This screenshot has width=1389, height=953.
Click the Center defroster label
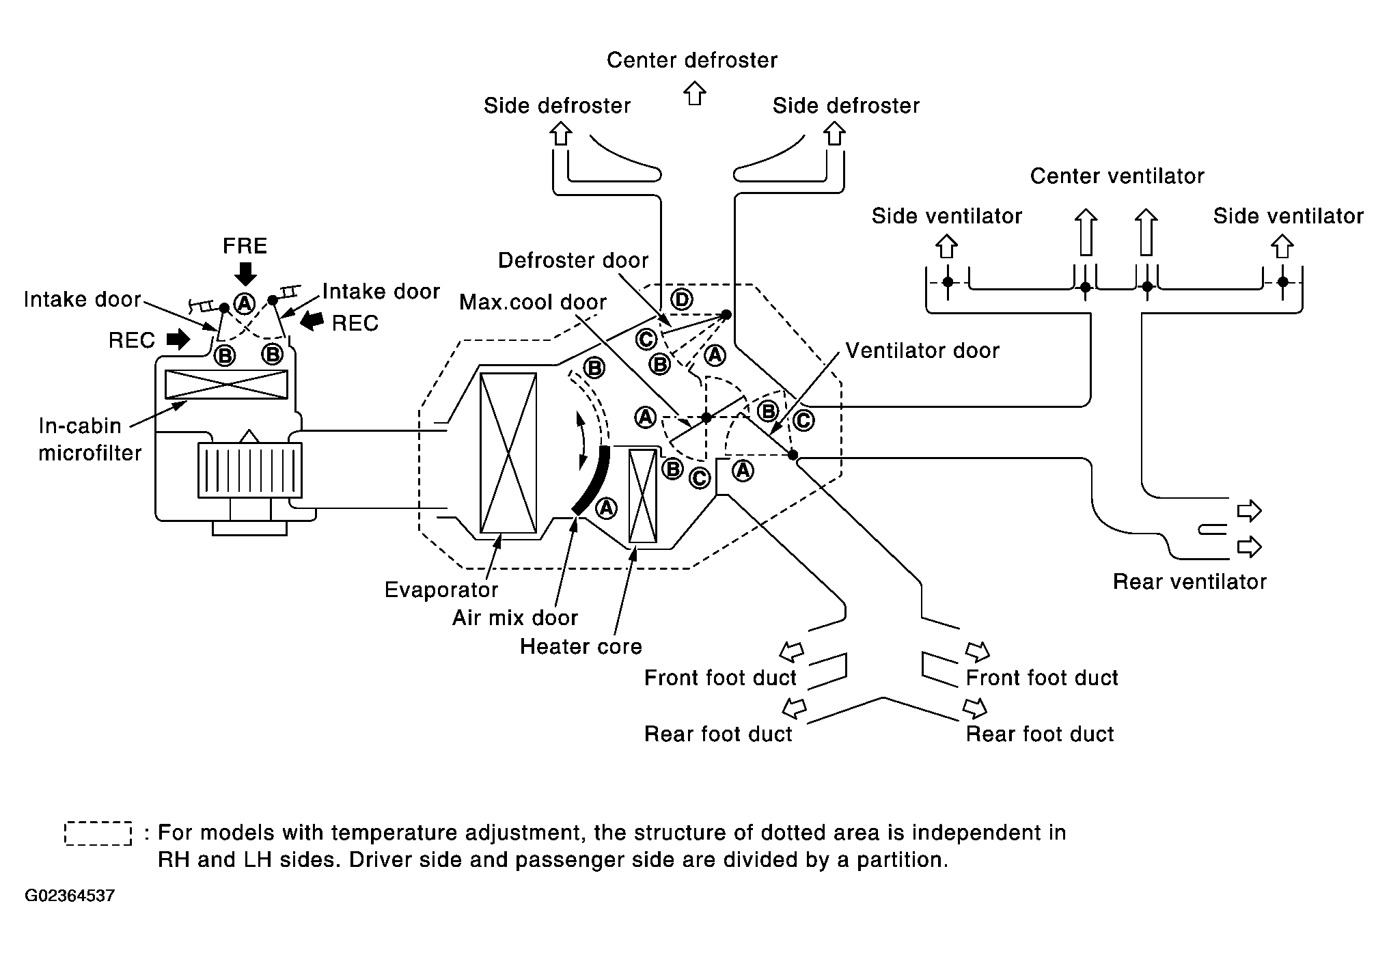coord(691,60)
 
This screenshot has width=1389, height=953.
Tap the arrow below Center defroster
coord(695,92)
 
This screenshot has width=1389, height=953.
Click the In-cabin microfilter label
coord(89,439)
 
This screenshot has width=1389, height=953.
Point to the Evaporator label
coord(441,590)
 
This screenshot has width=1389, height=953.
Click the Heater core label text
coord(581,646)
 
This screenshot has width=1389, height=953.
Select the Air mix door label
coord(514,618)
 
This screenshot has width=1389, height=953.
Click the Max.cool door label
coord(532,302)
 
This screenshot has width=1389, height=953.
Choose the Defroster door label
coord(573,260)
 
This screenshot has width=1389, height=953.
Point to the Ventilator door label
coord(922,350)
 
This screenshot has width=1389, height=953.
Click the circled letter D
coord(681,299)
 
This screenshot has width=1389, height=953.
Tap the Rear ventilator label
coord(1189,581)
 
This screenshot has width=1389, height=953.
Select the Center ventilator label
coord(1116,176)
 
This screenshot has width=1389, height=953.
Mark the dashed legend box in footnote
coord(98,833)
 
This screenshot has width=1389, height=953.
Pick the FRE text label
coord(245,246)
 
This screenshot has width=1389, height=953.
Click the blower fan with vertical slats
coord(249,469)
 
